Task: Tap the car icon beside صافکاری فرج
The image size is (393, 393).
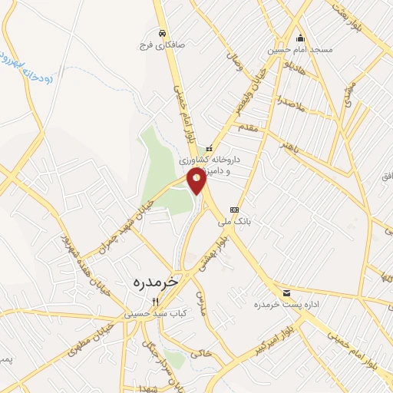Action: click(x=162, y=33)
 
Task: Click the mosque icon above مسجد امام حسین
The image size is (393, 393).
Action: click(x=300, y=38)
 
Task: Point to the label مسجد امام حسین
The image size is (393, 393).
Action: click(x=299, y=50)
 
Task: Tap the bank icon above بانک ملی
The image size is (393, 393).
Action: click(x=233, y=209)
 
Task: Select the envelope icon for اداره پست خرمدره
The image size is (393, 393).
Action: click(x=286, y=292)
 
